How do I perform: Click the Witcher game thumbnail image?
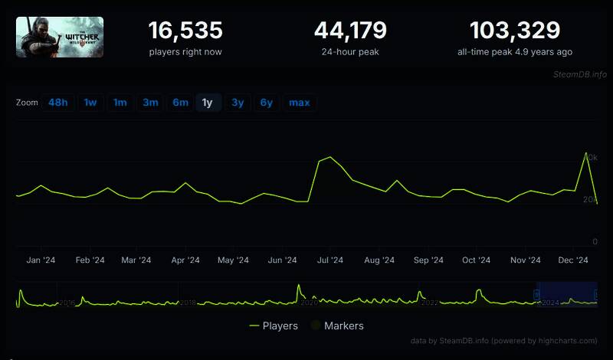(60, 37)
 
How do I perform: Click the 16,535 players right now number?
(185, 31)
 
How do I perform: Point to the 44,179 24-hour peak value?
(350, 31)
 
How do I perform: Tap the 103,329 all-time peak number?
(514, 31)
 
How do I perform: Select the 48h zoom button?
(58, 103)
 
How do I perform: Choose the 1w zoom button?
(90, 103)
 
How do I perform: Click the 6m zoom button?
(181, 103)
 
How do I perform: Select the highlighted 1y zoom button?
(208, 103)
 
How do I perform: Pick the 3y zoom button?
(238, 103)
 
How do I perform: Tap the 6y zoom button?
(266, 103)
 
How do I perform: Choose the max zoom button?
(300, 103)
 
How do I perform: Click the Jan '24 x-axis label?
(41, 260)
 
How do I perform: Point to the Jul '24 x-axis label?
(330, 260)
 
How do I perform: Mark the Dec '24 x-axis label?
(572, 260)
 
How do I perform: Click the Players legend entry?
(274, 326)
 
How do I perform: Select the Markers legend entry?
(337, 326)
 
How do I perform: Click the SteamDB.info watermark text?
(579, 74)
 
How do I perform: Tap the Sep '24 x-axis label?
(428, 260)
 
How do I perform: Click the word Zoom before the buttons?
(27, 103)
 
